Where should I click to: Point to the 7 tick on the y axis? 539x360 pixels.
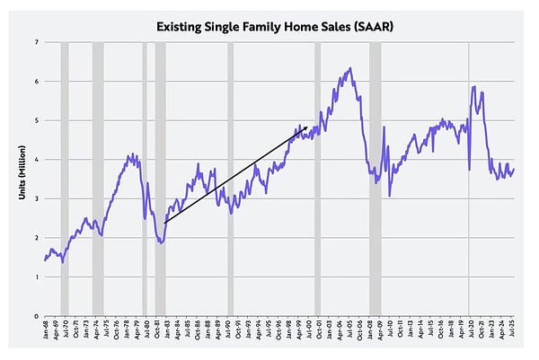(35, 42)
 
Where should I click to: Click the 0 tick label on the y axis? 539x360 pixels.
(35, 316)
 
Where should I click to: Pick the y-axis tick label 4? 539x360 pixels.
(35, 160)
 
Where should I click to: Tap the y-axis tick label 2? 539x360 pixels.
(35, 238)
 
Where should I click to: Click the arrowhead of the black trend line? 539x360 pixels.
(307, 127)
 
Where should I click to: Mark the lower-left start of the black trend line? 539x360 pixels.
(166, 222)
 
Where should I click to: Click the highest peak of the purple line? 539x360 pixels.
(349, 68)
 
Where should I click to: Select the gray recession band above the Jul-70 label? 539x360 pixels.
(64, 180)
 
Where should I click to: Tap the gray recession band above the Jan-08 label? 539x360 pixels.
(376, 180)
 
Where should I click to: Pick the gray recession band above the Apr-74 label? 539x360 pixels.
(97, 180)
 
